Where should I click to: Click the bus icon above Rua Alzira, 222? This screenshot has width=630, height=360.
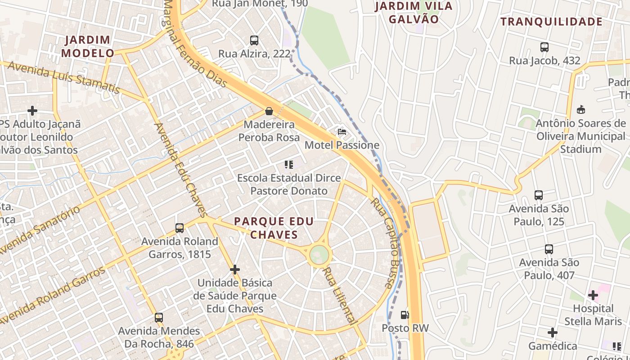[x=254, y=40]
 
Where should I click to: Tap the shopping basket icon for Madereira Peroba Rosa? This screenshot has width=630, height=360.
[x=269, y=111]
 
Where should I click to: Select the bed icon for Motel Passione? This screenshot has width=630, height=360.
[x=342, y=132]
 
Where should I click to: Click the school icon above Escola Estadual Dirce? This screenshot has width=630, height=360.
[x=289, y=165]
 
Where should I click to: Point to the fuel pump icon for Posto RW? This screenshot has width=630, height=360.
[x=405, y=315]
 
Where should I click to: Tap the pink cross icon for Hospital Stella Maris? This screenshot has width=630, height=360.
[x=593, y=295]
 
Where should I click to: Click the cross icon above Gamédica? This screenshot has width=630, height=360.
[x=553, y=333]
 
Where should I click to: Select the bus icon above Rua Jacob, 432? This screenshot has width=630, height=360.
[x=544, y=47]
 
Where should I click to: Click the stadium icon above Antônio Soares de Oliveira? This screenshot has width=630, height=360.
[x=581, y=109]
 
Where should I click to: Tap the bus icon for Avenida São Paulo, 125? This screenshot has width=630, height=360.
[x=539, y=195]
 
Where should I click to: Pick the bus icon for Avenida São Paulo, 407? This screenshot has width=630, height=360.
[x=549, y=249]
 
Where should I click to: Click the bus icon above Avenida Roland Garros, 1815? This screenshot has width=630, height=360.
[x=180, y=228]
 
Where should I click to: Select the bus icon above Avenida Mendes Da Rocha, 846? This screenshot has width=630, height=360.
[x=159, y=318]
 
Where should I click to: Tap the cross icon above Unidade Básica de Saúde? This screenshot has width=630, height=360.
[x=235, y=270]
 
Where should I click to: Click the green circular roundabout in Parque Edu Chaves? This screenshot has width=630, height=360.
[x=319, y=255]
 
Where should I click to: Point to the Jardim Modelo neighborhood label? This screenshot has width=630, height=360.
[x=88, y=46]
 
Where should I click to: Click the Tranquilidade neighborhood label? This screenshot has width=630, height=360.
[x=551, y=22]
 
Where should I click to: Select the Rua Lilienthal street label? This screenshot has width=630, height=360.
[x=340, y=295]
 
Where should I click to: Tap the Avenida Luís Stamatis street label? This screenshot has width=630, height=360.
[x=64, y=77]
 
